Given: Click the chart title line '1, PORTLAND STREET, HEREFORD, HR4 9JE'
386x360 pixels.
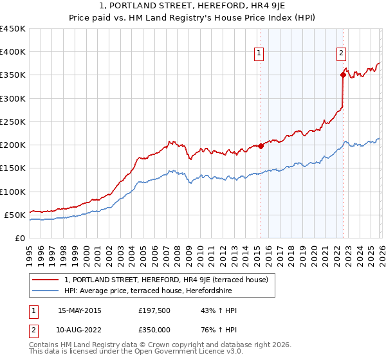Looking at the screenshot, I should pyautogui.click(x=193, y=6).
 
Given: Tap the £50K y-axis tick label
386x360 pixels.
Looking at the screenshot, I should pyautogui.click(x=15, y=215).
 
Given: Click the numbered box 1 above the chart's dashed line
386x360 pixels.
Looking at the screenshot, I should pyautogui.click(x=259, y=53).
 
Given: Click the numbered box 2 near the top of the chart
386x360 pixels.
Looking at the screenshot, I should pyautogui.click(x=341, y=53).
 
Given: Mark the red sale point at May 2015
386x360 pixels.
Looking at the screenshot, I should pyautogui.click(x=261, y=146).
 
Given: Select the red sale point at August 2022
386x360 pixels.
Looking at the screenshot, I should pyautogui.click(x=343, y=75).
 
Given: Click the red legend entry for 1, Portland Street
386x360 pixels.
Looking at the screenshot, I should pyautogui.click(x=170, y=280).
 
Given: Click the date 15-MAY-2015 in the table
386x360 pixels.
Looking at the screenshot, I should pyautogui.click(x=80, y=310).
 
